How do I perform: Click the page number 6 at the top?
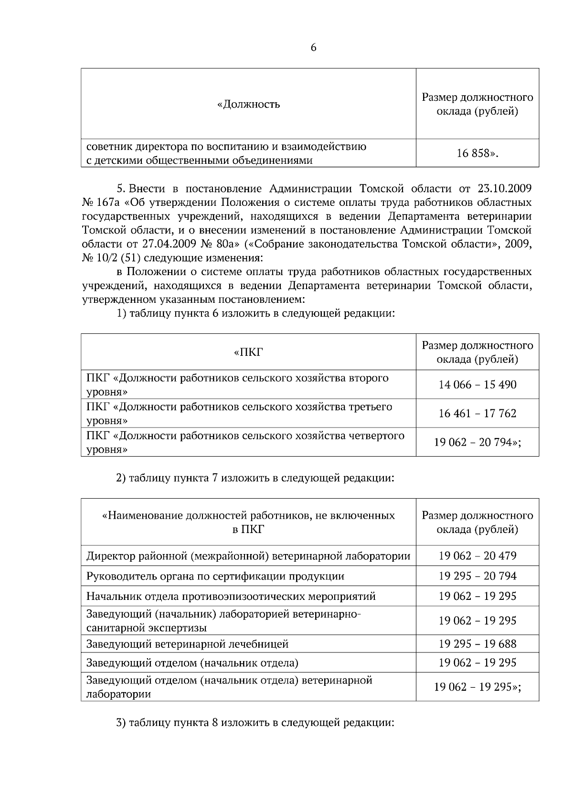tap(313, 48)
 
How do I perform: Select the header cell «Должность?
tap(248, 104)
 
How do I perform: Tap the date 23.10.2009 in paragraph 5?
tap(501, 187)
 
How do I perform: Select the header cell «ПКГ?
tap(248, 352)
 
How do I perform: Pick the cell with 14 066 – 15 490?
tap(477, 384)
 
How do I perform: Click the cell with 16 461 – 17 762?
tap(477, 413)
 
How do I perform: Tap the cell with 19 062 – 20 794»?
tap(477, 442)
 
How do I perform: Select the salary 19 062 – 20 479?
tap(477, 556)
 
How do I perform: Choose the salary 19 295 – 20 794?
tap(477, 576)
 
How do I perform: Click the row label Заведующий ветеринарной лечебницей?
tap(187, 644)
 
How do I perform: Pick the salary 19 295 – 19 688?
tap(477, 644)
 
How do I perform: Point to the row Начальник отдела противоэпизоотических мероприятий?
tap(231, 596)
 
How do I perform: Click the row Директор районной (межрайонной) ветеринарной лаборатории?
tap(248, 556)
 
